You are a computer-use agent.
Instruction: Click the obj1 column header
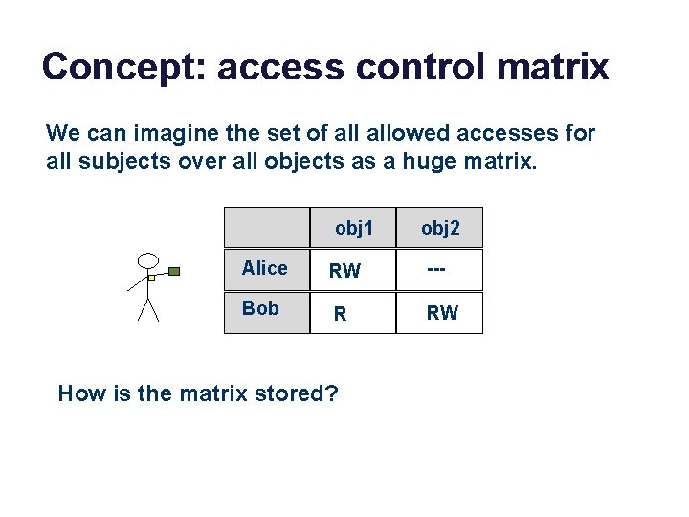pos(353,228)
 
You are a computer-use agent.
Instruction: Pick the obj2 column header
pos(440,228)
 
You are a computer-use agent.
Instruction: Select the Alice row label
pos(265,268)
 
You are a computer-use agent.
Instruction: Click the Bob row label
pos(260,308)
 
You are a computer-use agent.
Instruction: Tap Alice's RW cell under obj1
pos(344,271)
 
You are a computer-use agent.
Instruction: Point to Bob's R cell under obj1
pos(339,313)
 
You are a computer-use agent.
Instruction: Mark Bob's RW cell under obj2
pos(442,313)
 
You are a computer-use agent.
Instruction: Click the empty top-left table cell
pos(267,228)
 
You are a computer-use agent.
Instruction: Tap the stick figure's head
pos(148,260)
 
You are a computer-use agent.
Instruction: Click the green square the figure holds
pos(174,271)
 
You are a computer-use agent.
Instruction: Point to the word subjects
pos(120,161)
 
